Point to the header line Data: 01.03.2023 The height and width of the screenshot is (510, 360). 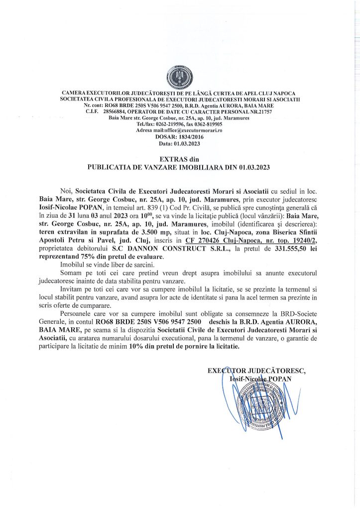click(x=180, y=143)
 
